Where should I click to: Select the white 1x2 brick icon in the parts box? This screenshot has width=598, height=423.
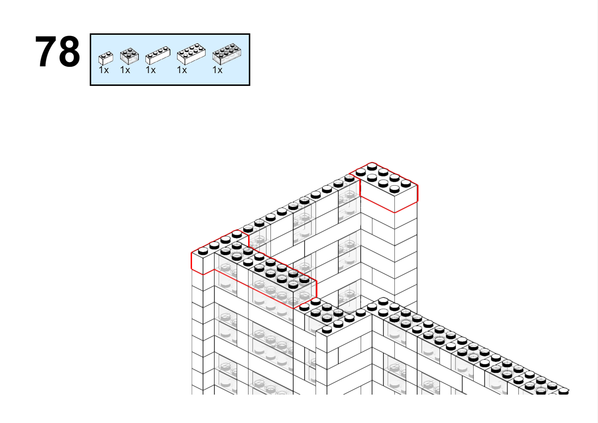point(106,58)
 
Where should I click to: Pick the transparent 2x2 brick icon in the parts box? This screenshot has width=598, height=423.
point(130,56)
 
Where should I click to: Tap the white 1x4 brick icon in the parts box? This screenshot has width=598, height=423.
point(158,55)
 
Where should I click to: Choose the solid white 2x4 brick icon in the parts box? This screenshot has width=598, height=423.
point(191,54)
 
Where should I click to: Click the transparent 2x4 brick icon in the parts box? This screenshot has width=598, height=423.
point(227,54)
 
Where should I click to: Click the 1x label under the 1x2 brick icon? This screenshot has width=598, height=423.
point(104,70)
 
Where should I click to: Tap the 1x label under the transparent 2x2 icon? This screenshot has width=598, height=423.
point(125,70)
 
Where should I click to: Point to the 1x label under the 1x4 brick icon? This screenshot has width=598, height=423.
point(151,70)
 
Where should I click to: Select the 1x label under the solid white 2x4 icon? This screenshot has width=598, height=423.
point(182,70)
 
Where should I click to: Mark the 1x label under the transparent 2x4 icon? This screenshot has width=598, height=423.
point(217,70)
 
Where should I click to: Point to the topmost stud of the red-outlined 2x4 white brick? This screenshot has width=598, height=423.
point(372,167)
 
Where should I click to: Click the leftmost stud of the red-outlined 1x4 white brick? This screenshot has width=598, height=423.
point(203,251)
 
